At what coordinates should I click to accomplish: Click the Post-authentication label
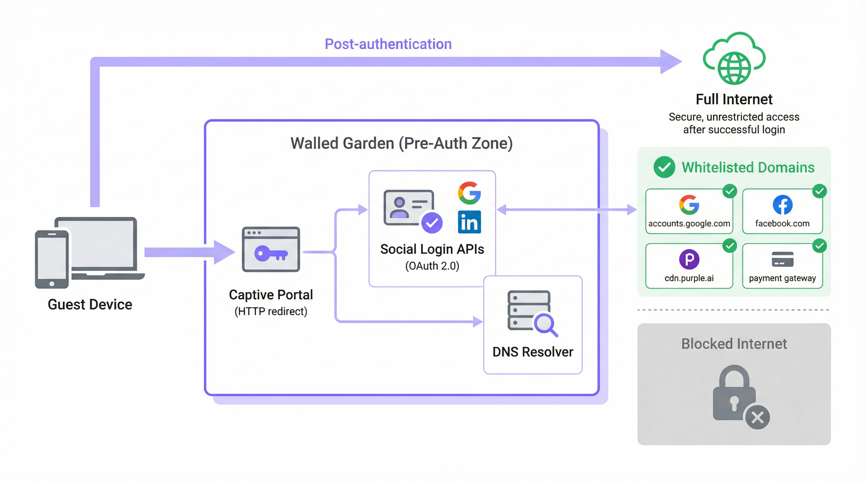[x=388, y=44]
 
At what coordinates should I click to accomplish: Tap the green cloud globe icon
[x=734, y=59]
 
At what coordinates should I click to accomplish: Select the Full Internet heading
[x=734, y=99]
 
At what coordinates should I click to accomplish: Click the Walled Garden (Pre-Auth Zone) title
[x=402, y=143]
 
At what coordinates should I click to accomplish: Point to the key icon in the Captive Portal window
[x=271, y=253]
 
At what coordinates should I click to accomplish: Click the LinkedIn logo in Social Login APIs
[x=469, y=222]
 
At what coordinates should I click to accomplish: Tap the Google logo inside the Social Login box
[x=469, y=193]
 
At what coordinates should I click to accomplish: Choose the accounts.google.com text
[x=689, y=224]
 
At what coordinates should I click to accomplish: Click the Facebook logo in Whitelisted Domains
[x=782, y=205]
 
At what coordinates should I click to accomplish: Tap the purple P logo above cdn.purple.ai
[x=689, y=259]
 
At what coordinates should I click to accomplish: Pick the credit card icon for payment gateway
[x=782, y=259]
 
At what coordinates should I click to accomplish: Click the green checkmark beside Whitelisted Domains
[x=664, y=167]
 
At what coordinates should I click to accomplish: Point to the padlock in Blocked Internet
[x=734, y=393]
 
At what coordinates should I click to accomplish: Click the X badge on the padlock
[x=757, y=418]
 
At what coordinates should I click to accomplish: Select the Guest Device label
[x=90, y=305]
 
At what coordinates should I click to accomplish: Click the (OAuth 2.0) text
[x=432, y=266]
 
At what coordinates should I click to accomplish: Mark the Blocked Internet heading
[x=734, y=344]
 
